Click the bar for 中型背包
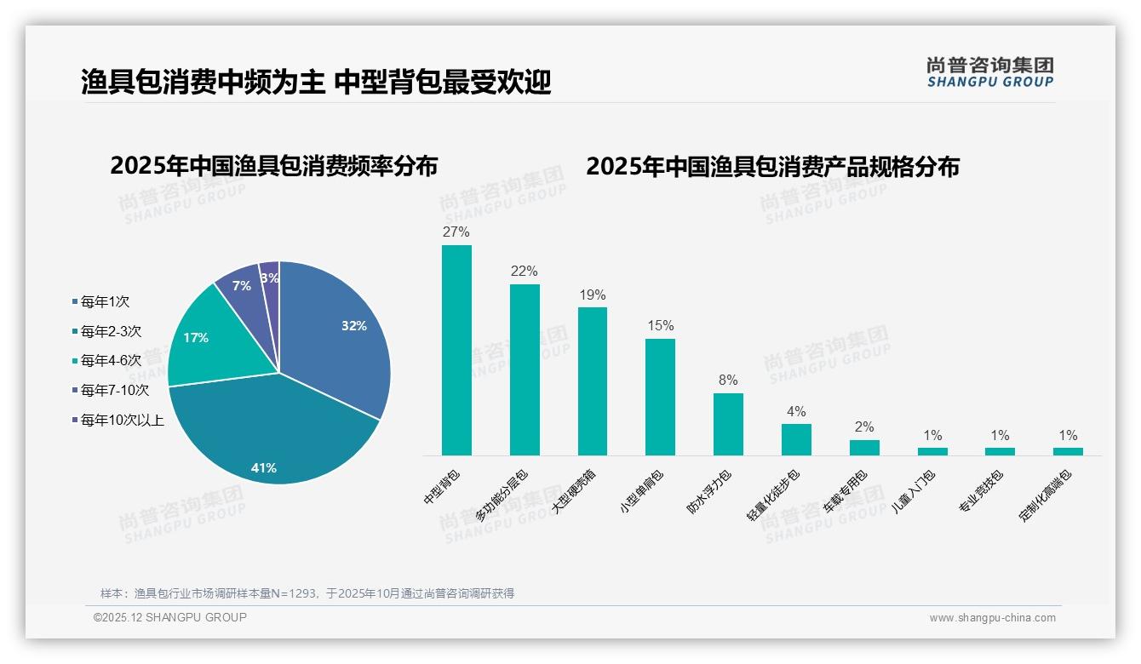pyautogui.click(x=456, y=350)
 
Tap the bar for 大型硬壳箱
pyautogui.click(x=593, y=381)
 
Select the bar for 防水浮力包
pyautogui.click(x=728, y=424)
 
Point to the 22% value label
pyautogui.click(x=525, y=272)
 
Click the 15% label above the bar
pyautogui.click(x=660, y=325)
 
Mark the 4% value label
pyautogui.click(x=796, y=411)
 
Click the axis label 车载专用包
pyautogui.click(x=845, y=491)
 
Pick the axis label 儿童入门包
pyautogui.click(x=913, y=491)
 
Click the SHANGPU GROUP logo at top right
pyautogui.click(x=990, y=72)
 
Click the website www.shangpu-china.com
pyautogui.click(x=992, y=618)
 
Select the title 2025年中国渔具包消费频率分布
pyautogui.click(x=273, y=166)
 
